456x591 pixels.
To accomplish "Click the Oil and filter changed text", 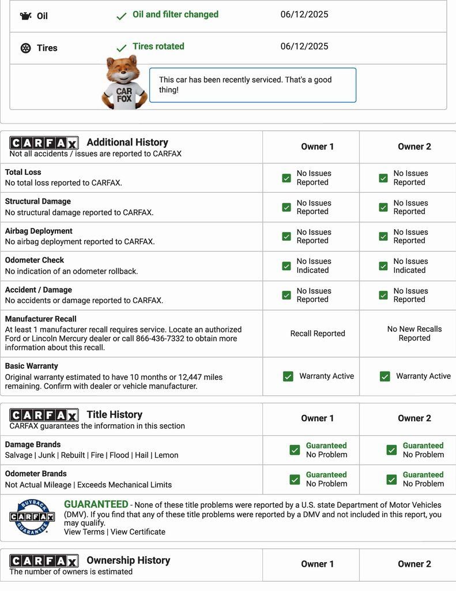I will click(175, 14).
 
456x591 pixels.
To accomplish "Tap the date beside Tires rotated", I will click(304, 46).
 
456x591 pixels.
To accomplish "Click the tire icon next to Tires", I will click(25, 48).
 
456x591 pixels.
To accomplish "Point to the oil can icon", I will click(25, 16).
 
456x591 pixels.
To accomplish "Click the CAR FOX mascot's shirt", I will click(124, 94).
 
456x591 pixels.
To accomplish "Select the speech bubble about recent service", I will click(253, 85).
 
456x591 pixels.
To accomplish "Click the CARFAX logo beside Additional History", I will click(44, 143).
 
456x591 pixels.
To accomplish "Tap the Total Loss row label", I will click(23, 172).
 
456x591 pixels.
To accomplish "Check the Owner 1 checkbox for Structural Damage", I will click(287, 207).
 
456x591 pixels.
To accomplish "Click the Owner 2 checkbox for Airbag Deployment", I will click(383, 237).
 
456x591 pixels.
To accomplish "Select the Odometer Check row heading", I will click(35, 260).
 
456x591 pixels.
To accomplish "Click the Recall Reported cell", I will click(318, 334).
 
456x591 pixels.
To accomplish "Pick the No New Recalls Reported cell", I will click(414, 334).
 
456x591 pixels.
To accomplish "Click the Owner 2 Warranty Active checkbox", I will click(385, 376).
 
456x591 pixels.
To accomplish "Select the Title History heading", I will click(114, 414).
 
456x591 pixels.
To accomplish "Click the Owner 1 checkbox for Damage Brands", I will click(295, 450).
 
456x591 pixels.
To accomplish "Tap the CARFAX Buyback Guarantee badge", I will click(32, 517).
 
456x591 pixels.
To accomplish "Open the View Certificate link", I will click(138, 532).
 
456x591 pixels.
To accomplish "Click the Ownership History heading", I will click(128, 560).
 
